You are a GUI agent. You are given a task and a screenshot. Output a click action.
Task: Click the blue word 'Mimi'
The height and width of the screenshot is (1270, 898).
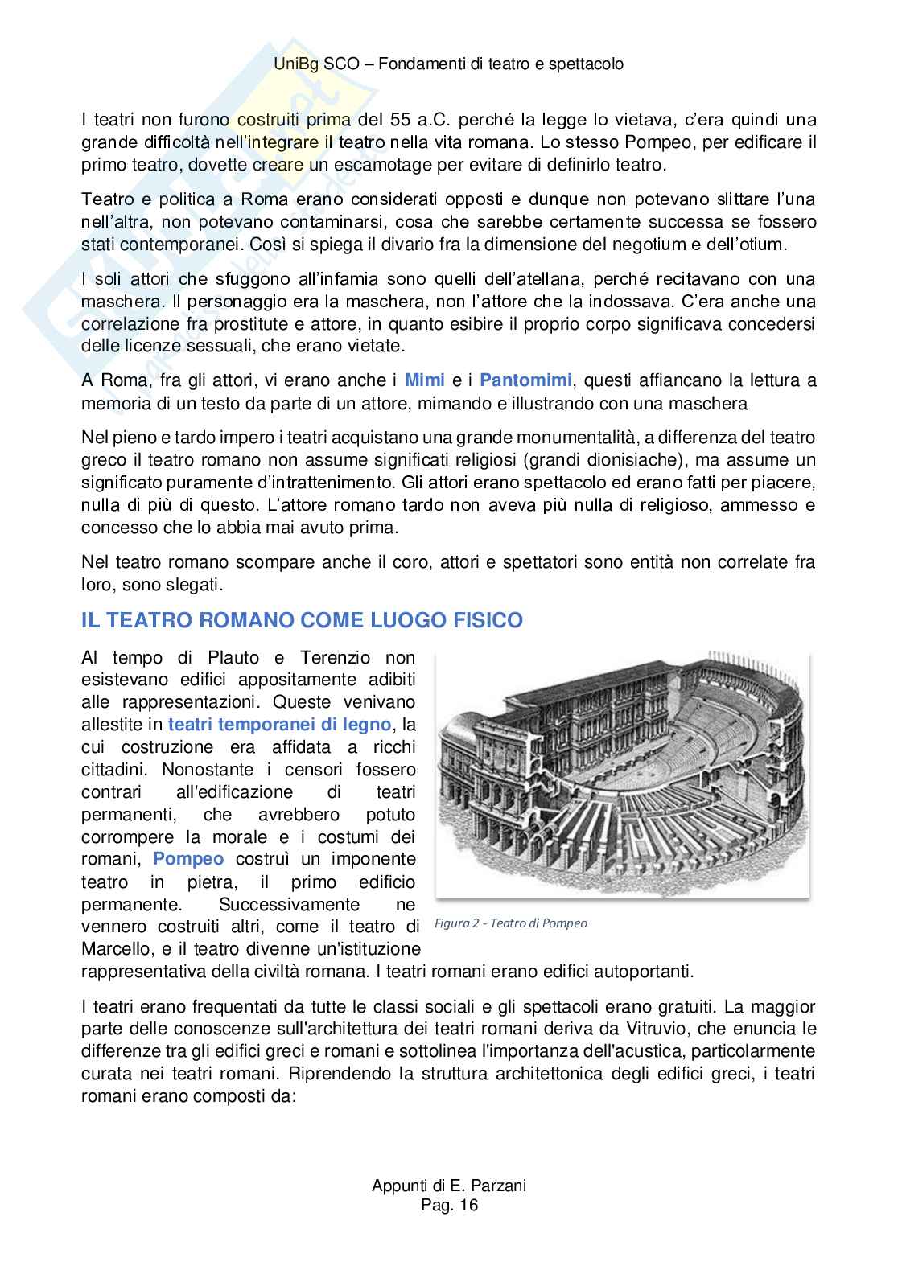pos(422,380)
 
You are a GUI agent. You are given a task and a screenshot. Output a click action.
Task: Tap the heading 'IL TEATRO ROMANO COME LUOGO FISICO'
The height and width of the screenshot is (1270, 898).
pos(302,621)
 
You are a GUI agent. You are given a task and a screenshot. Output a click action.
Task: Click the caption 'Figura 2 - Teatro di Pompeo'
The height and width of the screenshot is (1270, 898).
pos(511,923)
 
